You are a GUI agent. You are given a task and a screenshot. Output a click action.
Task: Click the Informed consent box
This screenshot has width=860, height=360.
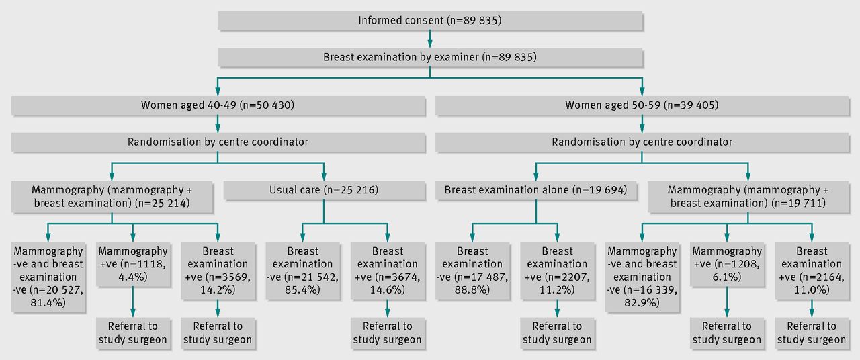(430, 21)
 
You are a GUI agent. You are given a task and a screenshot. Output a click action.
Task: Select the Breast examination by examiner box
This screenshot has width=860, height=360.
(430, 57)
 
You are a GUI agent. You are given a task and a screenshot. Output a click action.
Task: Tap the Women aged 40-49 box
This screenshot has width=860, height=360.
(218, 105)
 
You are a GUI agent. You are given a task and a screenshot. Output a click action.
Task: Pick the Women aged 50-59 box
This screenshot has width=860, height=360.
(642, 105)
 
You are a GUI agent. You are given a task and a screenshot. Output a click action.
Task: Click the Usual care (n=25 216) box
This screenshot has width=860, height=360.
(324, 190)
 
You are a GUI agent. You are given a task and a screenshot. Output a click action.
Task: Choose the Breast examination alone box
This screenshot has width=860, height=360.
(536, 190)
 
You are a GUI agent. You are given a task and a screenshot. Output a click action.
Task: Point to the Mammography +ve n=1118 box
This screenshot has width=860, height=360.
(133, 264)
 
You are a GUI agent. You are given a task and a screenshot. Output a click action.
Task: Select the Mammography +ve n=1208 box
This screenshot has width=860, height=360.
(727, 264)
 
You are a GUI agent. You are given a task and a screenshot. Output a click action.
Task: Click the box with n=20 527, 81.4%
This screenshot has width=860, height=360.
(48, 277)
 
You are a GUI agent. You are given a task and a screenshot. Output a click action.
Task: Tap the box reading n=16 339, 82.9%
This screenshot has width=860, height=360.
(642, 277)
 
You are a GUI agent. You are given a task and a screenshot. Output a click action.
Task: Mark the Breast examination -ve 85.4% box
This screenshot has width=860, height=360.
(302, 271)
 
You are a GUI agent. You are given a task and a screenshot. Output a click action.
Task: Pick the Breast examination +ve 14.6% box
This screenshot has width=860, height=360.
(388, 271)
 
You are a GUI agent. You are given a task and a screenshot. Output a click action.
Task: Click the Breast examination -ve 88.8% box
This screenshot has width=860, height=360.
(472, 271)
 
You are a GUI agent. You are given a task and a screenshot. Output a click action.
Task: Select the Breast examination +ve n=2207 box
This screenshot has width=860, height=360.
(557, 271)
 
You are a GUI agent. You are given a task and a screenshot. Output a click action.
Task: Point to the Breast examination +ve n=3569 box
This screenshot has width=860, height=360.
(218, 271)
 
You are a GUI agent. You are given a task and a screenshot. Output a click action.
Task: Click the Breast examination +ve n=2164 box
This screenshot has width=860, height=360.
(812, 271)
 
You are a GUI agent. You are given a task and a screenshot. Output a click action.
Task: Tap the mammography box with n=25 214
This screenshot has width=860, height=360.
(112, 197)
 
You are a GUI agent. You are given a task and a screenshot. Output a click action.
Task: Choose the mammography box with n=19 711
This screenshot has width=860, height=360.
(748, 197)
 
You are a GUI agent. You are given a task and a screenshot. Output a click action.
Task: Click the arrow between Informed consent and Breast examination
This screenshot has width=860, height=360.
(430, 39)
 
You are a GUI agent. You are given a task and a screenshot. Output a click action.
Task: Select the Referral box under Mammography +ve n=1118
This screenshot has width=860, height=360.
(133, 333)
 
